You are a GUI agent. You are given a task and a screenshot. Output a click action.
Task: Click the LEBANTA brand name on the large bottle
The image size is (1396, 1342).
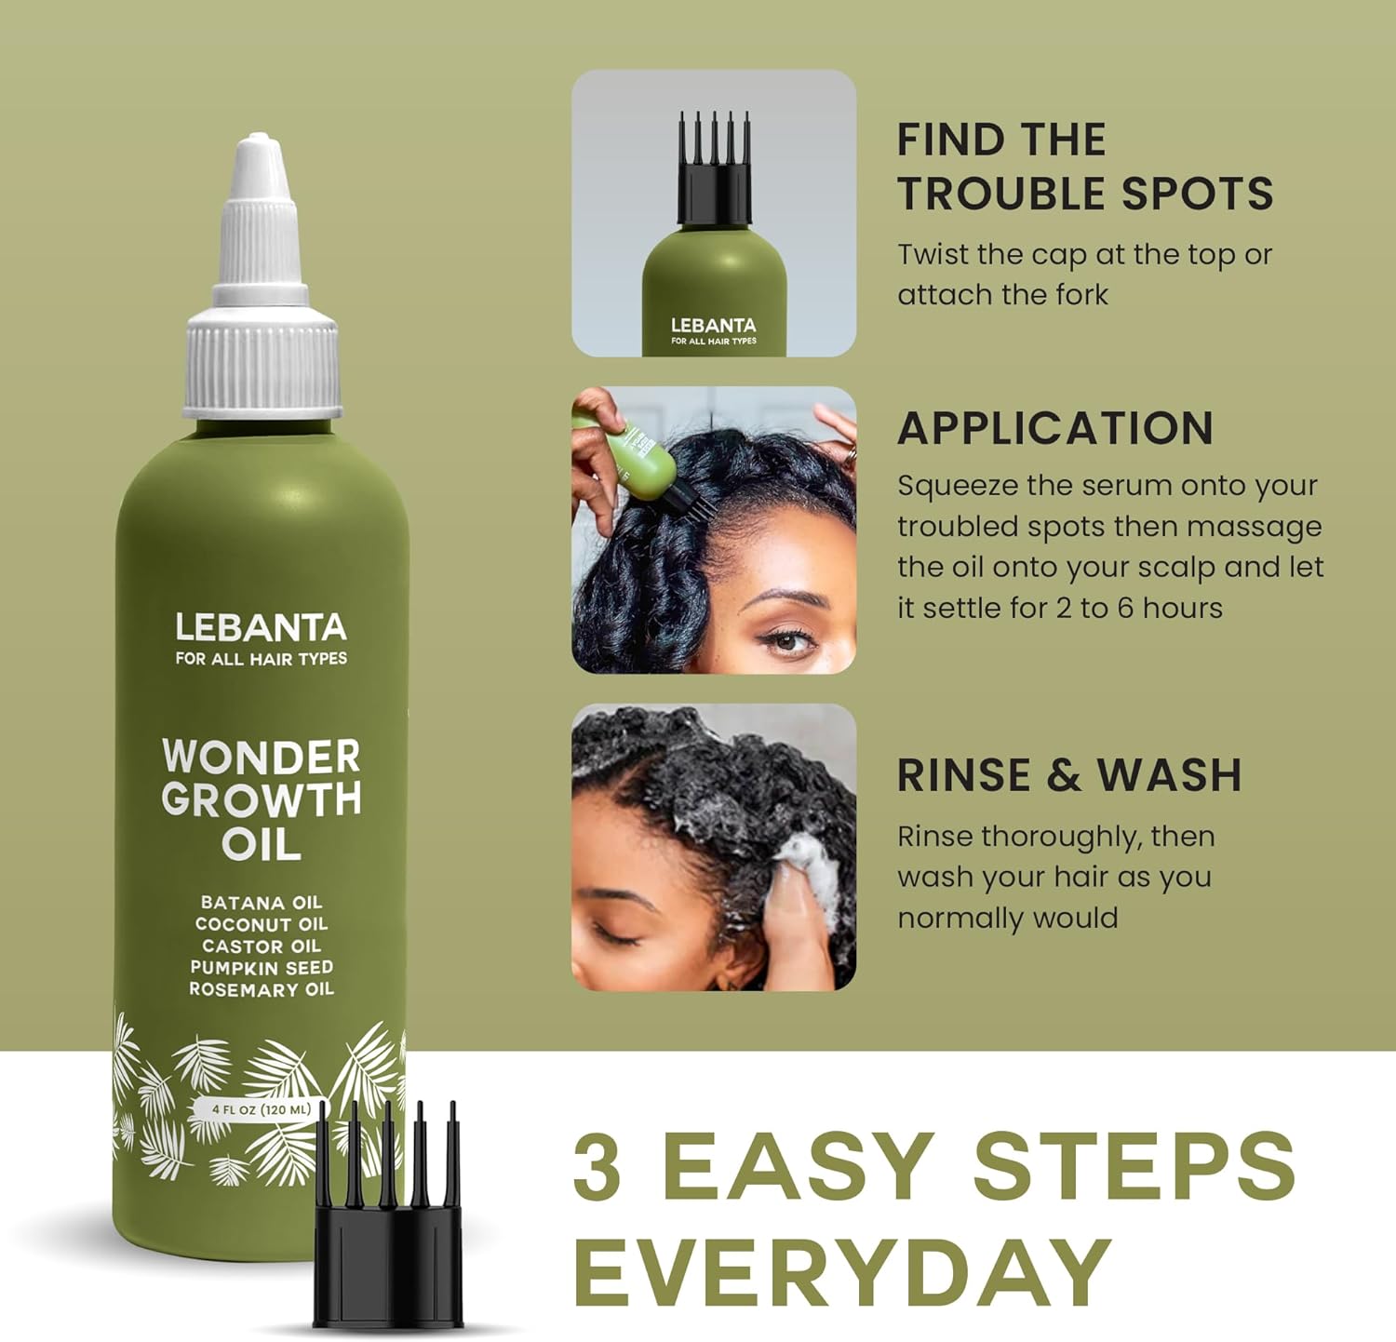261,628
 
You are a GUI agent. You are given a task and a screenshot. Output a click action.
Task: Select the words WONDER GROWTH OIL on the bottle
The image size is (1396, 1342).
261,799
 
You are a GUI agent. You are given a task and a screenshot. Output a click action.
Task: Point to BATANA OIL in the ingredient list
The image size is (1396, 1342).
262,903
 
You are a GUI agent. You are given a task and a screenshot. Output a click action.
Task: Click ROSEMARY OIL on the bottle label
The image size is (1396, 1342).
262,989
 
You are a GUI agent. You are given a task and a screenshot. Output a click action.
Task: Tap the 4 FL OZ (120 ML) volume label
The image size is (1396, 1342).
261,1109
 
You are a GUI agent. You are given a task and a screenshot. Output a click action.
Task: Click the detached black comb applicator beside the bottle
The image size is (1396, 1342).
388,1228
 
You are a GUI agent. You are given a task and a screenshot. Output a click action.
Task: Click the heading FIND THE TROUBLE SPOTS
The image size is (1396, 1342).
1084,168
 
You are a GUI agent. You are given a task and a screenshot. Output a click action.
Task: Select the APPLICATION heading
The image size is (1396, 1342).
1055,429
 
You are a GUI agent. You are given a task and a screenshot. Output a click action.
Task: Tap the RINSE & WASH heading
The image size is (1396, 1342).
1069,775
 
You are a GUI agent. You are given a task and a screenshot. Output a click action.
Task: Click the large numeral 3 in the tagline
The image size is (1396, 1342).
597,1167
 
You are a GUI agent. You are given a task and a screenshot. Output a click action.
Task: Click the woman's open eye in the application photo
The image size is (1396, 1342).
786,640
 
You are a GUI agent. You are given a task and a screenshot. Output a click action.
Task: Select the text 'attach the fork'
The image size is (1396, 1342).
1002,295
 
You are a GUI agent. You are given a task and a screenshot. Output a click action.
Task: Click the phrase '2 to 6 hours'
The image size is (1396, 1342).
1139,608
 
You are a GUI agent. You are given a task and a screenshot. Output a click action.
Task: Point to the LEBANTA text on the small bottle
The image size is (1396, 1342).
714,326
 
